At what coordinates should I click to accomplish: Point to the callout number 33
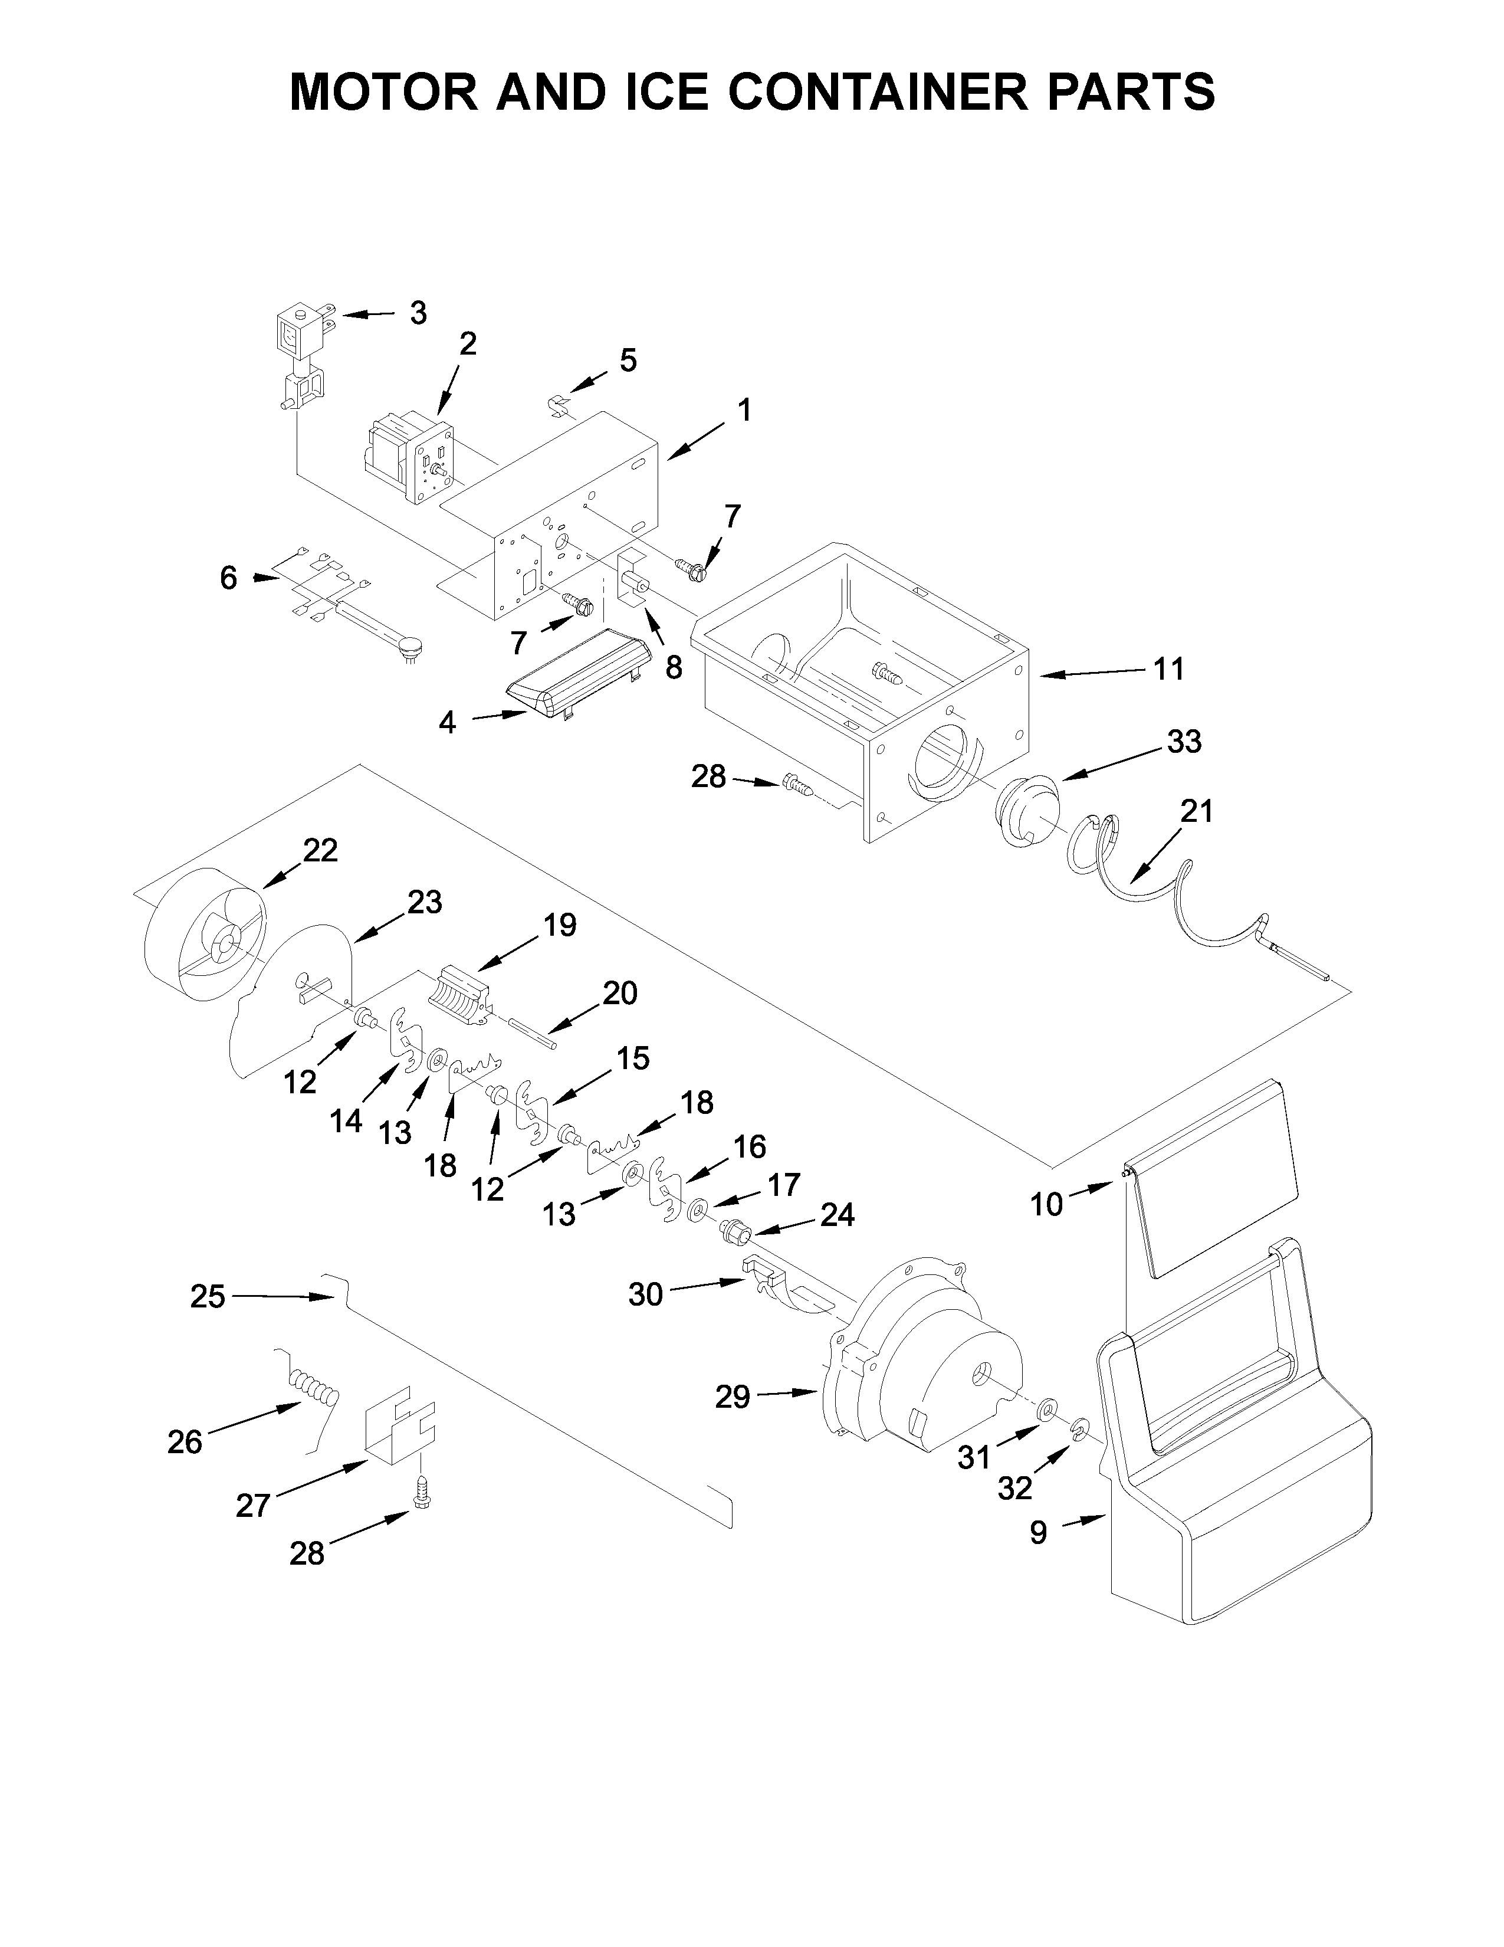[1183, 741]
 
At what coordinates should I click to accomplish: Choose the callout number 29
[733, 1397]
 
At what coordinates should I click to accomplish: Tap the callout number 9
[1038, 1532]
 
